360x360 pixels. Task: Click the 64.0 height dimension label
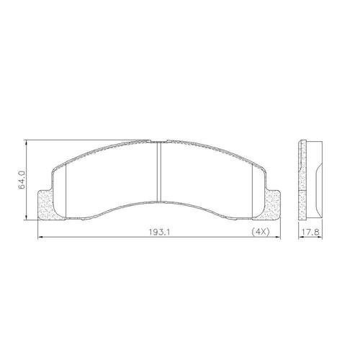pyautogui.click(x=22, y=180)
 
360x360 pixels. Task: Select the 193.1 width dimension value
pyautogui.click(x=159, y=232)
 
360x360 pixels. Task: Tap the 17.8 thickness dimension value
pyautogui.click(x=310, y=232)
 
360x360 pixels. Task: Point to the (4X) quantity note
pyautogui.click(x=261, y=232)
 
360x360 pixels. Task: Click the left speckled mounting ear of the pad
pyautogui.click(x=45, y=205)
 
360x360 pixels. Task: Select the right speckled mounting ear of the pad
pyautogui.click(x=271, y=205)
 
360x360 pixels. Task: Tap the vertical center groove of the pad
pyautogui.click(x=158, y=171)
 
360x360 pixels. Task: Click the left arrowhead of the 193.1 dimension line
pyautogui.click(x=40, y=237)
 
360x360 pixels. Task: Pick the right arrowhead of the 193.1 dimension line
pyautogui.click(x=278, y=237)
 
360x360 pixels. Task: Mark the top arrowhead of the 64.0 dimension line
pyautogui.click(x=26, y=142)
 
